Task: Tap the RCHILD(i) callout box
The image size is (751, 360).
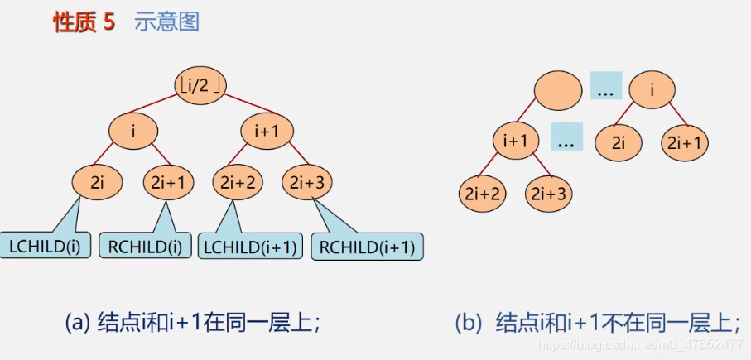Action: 145,246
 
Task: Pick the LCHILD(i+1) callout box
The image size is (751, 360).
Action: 248,246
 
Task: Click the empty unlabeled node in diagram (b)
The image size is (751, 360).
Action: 558,89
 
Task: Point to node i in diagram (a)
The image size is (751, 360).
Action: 135,131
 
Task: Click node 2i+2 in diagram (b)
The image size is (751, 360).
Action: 482,194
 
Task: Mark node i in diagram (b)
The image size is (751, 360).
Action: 652,89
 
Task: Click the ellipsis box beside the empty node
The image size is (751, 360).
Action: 605,86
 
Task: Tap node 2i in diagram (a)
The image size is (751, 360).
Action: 96,182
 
